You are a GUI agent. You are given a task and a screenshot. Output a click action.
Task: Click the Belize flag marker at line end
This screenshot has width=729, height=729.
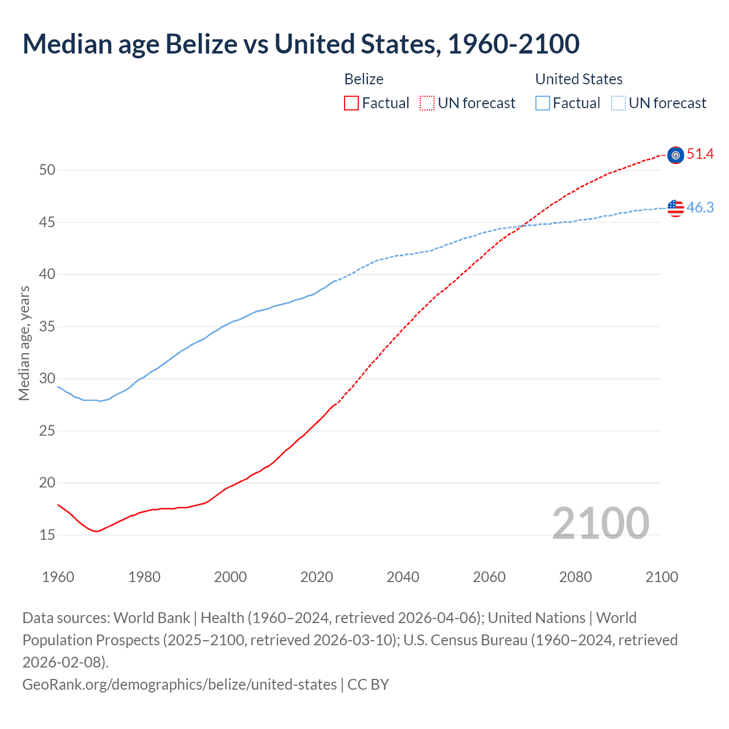[x=675, y=155]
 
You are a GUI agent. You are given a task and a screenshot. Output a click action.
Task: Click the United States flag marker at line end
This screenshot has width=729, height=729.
[x=675, y=208]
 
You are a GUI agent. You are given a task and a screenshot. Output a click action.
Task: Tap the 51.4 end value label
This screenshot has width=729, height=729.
[x=700, y=154]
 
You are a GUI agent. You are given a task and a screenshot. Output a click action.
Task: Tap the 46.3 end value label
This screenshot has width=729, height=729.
[x=700, y=207]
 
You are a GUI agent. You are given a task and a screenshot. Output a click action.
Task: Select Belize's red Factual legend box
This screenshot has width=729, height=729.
[x=351, y=103]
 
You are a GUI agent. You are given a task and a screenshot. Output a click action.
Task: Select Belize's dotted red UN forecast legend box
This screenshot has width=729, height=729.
[x=427, y=103]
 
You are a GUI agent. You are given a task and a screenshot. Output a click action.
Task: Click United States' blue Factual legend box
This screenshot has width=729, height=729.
[x=543, y=103]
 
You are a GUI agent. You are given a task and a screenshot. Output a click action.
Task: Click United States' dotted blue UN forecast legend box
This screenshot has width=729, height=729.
[x=619, y=103]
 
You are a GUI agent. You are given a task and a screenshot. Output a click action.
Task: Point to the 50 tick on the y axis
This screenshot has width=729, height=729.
[x=47, y=170]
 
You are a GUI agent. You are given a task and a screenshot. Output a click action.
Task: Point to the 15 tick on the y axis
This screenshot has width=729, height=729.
[x=47, y=535]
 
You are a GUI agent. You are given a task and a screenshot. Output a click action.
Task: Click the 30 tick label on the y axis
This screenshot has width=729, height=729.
[x=47, y=379]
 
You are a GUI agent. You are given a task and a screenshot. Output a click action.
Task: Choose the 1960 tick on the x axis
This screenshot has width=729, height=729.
[x=58, y=577]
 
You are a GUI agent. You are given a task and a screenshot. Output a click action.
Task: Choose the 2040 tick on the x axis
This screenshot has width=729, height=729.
[x=403, y=577]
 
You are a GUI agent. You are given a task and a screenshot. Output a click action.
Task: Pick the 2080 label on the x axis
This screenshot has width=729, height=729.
[x=575, y=577]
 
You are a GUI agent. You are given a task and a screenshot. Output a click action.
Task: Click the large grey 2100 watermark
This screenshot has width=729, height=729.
[x=600, y=523]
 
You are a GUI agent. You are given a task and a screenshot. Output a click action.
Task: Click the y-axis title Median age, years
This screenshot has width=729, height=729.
[x=24, y=343]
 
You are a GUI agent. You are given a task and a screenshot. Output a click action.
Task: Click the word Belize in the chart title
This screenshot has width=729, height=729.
[x=201, y=44]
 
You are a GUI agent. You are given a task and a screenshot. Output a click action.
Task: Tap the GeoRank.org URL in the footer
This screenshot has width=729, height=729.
[x=179, y=684]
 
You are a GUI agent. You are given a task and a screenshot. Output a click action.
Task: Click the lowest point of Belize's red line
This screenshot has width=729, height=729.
[x=96, y=531]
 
